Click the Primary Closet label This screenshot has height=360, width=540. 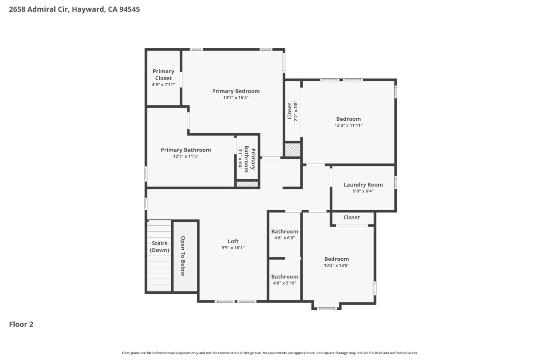coord(163,75)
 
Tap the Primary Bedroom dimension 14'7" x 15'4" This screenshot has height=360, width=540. coord(235,97)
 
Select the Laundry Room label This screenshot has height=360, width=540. coord(363,184)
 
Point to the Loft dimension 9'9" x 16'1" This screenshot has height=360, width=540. coord(233,247)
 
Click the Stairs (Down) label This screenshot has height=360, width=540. coord(159,247)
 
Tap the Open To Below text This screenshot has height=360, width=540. coord(183,256)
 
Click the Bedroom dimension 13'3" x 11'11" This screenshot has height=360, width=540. coord(348,125)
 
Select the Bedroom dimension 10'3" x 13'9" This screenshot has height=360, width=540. coord(336,265)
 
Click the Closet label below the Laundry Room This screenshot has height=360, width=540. coord(351,217)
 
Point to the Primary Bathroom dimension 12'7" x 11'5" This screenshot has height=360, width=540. coord(186,156)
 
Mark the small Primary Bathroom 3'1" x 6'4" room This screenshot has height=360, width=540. coord(247,159)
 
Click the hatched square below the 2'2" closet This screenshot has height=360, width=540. coord(292,150)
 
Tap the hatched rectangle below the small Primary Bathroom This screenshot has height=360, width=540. coord(247,184)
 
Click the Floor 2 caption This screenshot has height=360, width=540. coord(21,324)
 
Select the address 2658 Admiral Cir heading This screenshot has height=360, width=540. coord(74,9)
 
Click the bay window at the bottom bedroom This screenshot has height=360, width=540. coord(326,308)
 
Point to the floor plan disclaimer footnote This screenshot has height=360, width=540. coord(270,353)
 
